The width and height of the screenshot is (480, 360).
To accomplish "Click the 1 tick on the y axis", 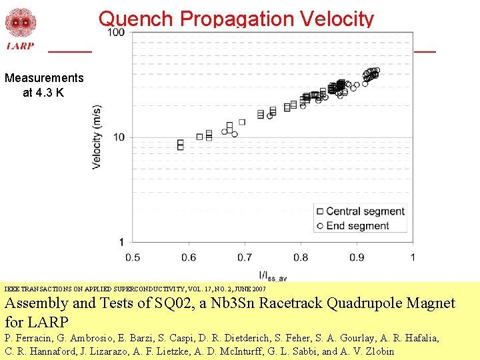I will tap(121, 241).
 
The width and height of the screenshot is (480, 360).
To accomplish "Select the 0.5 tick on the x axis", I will tap(132, 257).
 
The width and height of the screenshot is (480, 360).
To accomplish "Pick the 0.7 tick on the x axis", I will tap(244, 257).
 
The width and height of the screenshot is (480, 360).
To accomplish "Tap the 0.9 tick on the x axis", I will tap(356, 257).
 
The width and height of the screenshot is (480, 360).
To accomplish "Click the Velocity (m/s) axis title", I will tap(97, 137).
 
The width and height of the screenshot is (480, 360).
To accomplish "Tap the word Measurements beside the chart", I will tap(44, 78).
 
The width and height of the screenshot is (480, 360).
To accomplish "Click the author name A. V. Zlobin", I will tap(366, 351).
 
